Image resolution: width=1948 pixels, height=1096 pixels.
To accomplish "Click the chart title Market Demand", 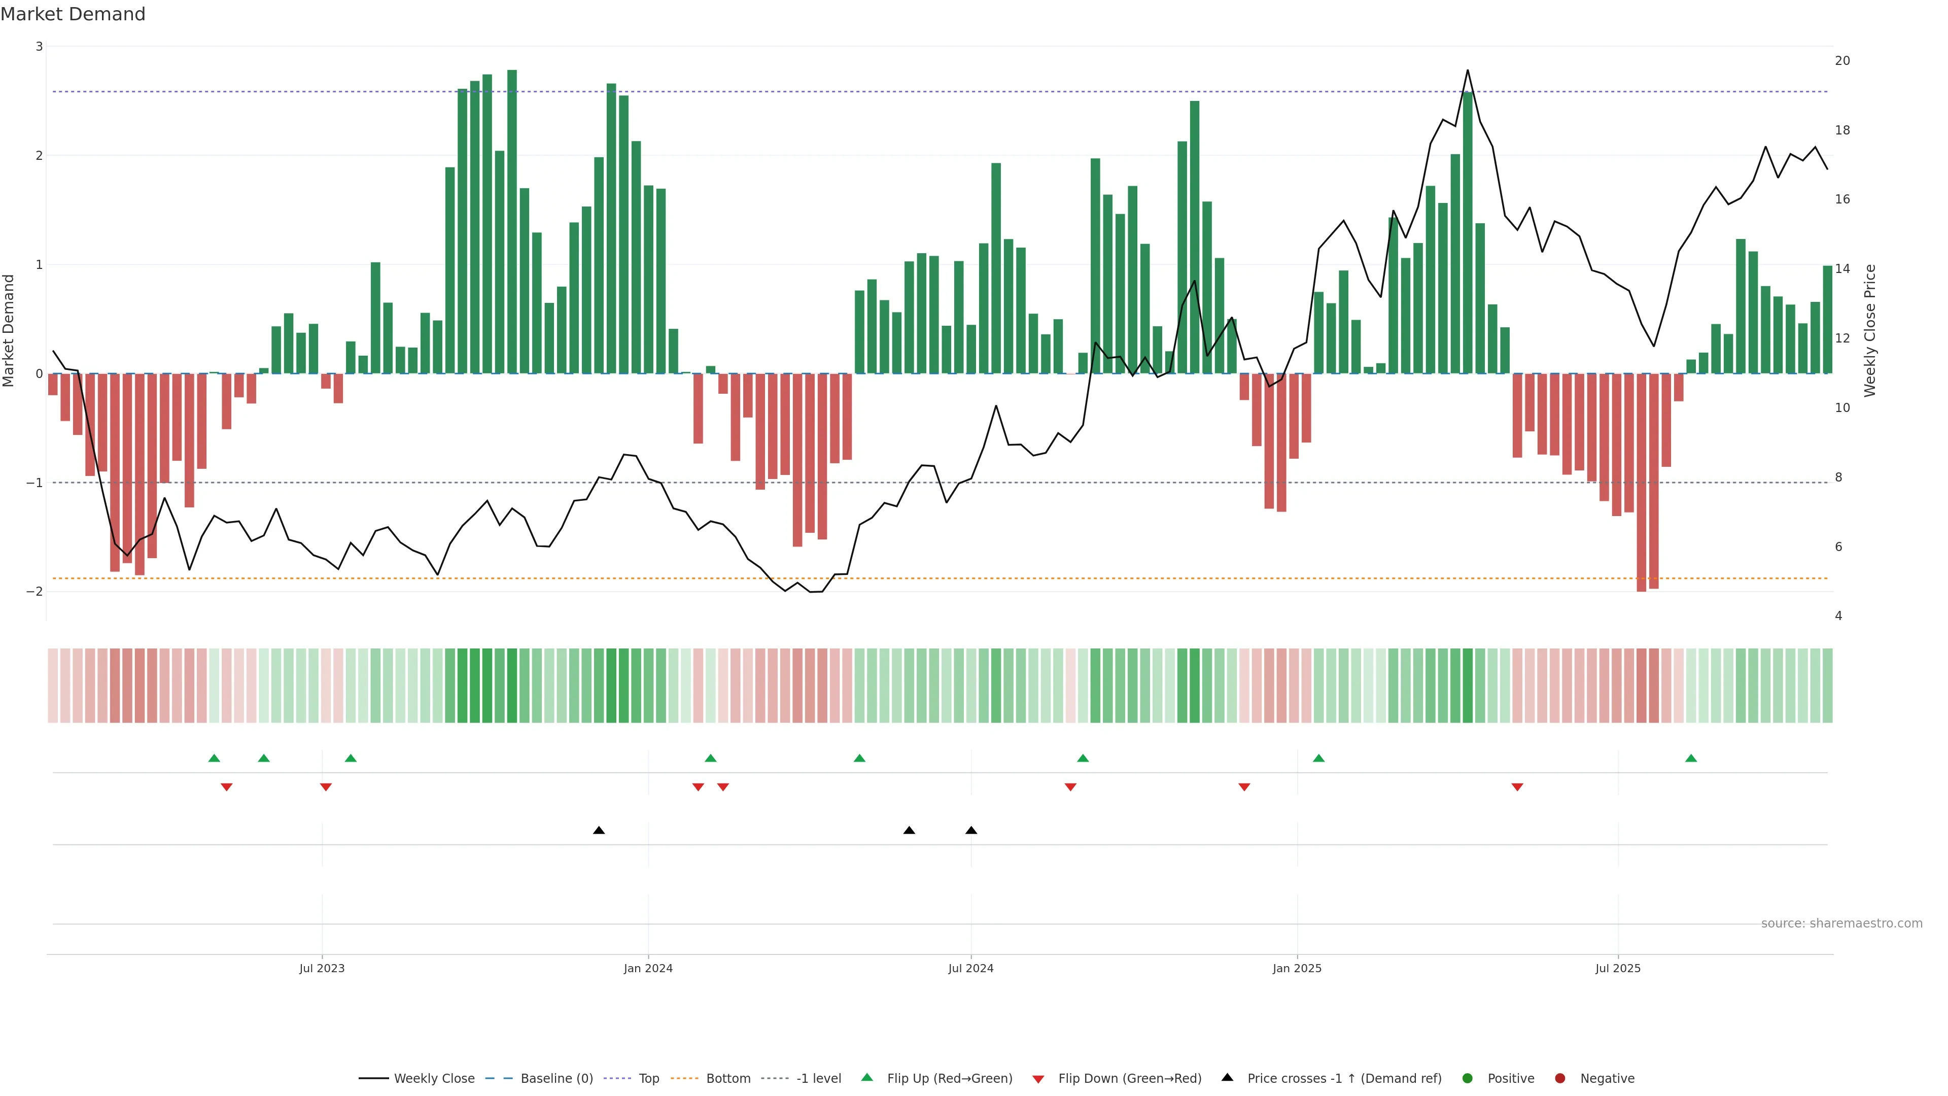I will [x=73, y=14].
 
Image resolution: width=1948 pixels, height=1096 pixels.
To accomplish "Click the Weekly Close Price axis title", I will [x=1870, y=330].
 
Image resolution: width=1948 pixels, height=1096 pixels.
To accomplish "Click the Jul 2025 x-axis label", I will [x=1618, y=968].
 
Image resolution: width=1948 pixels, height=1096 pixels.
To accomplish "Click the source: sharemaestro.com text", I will [x=1841, y=923].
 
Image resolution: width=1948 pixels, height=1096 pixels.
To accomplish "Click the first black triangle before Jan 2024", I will [x=599, y=831].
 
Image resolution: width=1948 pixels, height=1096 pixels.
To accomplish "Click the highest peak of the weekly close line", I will [x=1468, y=71].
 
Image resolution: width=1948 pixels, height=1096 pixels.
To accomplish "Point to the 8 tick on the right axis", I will [x=1838, y=477].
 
